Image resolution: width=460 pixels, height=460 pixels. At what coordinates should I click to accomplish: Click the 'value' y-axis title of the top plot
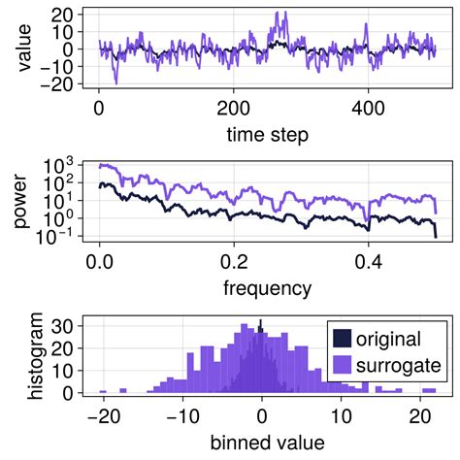pos(20,49)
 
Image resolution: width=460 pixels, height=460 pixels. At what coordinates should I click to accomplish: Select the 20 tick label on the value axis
pos(62,15)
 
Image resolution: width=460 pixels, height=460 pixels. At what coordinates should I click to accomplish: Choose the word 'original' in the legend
pos(388,339)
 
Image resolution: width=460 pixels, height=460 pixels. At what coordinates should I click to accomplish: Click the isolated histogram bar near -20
pos(102,391)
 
